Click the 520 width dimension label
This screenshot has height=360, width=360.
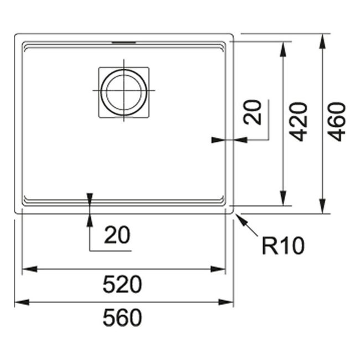pyautogui.click(x=122, y=285)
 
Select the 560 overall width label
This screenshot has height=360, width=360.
pyautogui.click(x=122, y=317)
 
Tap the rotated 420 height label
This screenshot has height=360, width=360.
pyautogui.click(x=299, y=121)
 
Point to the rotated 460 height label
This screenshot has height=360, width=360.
pyautogui.click(x=337, y=121)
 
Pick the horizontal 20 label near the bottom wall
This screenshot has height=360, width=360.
pyautogui.click(x=117, y=235)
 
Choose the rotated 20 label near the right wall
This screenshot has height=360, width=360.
pyautogui.click(x=253, y=113)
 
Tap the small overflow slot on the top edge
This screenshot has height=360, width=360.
pyautogui.click(x=123, y=41)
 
